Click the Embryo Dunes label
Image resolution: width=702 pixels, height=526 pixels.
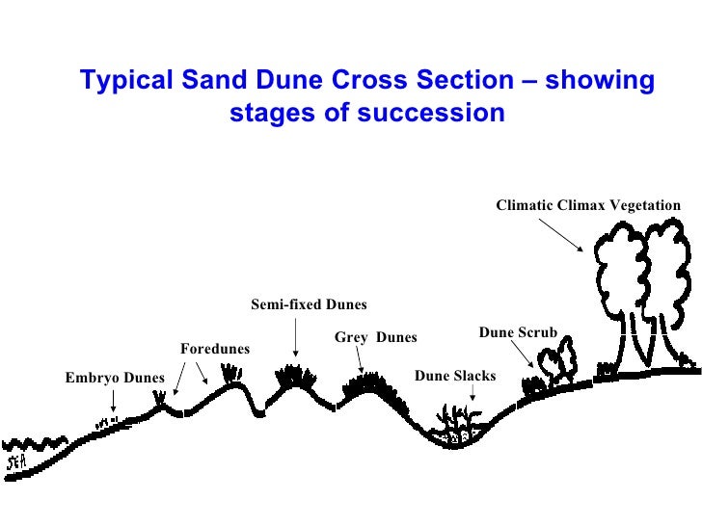115,378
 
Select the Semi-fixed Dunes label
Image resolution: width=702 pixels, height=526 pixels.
309,304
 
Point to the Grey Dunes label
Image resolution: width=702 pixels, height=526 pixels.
375,337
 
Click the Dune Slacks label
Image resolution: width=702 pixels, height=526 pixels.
454,376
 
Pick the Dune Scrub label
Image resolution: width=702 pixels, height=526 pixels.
518,332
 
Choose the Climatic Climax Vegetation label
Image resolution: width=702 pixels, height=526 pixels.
587,205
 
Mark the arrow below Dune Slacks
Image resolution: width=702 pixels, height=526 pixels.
472,394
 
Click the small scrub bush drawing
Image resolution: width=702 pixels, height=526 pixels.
555,365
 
